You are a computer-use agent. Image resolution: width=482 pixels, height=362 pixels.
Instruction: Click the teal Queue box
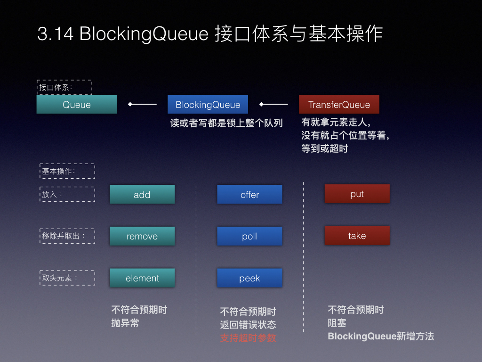tap(77, 104)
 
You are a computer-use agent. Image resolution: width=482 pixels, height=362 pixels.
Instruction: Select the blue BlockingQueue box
tap(208, 104)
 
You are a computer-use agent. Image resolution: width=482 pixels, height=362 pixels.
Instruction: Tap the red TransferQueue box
tap(339, 104)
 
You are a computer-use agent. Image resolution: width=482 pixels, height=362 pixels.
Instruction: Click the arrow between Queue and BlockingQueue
tap(142, 104)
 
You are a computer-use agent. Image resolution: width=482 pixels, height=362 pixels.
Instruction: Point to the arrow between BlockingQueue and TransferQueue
tap(273, 104)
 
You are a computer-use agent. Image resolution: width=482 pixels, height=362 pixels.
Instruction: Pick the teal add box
tap(142, 194)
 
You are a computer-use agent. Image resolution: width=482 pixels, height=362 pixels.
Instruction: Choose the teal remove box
tap(142, 236)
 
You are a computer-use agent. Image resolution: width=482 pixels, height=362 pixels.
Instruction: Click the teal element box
tap(142, 278)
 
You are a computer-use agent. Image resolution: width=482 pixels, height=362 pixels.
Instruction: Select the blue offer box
tap(249, 194)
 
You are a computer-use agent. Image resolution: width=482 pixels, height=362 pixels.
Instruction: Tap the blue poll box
tap(249, 236)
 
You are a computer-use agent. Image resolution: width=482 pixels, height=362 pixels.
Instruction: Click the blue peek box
tap(249, 278)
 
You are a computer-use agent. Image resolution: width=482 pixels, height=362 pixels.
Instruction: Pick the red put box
tap(357, 194)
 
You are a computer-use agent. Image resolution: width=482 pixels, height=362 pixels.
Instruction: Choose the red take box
tap(357, 236)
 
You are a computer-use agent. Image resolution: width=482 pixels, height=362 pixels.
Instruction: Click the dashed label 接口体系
tap(64, 87)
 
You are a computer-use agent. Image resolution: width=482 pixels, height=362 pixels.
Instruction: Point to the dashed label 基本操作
tap(67, 171)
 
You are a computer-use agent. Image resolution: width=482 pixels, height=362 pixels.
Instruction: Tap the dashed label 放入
tap(67, 194)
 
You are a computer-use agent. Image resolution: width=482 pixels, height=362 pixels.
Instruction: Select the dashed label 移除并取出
tap(67, 236)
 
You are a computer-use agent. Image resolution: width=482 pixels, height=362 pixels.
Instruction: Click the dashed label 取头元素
tap(67, 278)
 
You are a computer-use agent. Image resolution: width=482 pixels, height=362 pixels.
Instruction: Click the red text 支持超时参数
tap(248, 338)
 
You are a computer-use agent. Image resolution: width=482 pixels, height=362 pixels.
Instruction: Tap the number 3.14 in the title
tap(56, 33)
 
